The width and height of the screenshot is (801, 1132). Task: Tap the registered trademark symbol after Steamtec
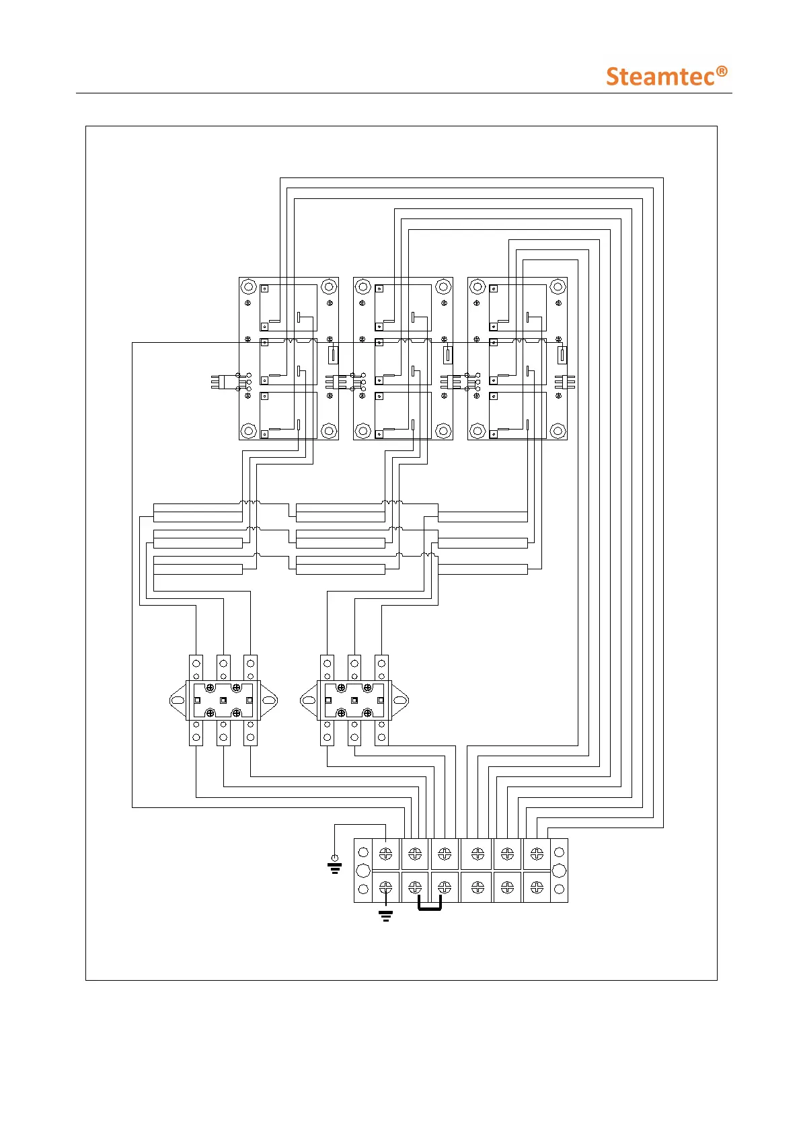coord(721,71)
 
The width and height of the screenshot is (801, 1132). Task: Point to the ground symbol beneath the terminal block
coord(385,915)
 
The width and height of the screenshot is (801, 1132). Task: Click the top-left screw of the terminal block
coord(386,854)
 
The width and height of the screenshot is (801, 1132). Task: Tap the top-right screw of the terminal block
coord(537,854)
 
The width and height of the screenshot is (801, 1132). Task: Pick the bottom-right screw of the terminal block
coord(537,888)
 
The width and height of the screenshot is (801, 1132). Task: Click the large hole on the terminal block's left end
coord(363,871)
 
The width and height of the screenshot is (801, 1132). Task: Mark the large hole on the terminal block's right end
coord(558,871)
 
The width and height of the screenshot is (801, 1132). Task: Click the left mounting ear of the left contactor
coord(177,700)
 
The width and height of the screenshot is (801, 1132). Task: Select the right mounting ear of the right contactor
coord(400,700)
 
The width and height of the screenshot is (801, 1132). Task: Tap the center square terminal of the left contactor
coord(223,700)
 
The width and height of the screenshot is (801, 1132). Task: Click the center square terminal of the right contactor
coord(354,700)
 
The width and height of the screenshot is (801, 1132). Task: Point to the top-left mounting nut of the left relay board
coord(249,287)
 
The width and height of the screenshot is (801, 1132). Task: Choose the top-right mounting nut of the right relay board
coord(558,287)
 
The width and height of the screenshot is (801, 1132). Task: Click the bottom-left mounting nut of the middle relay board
coord(363,430)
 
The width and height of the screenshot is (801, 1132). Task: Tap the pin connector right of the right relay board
coord(564,382)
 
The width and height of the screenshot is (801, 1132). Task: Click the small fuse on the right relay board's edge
coord(562,354)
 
